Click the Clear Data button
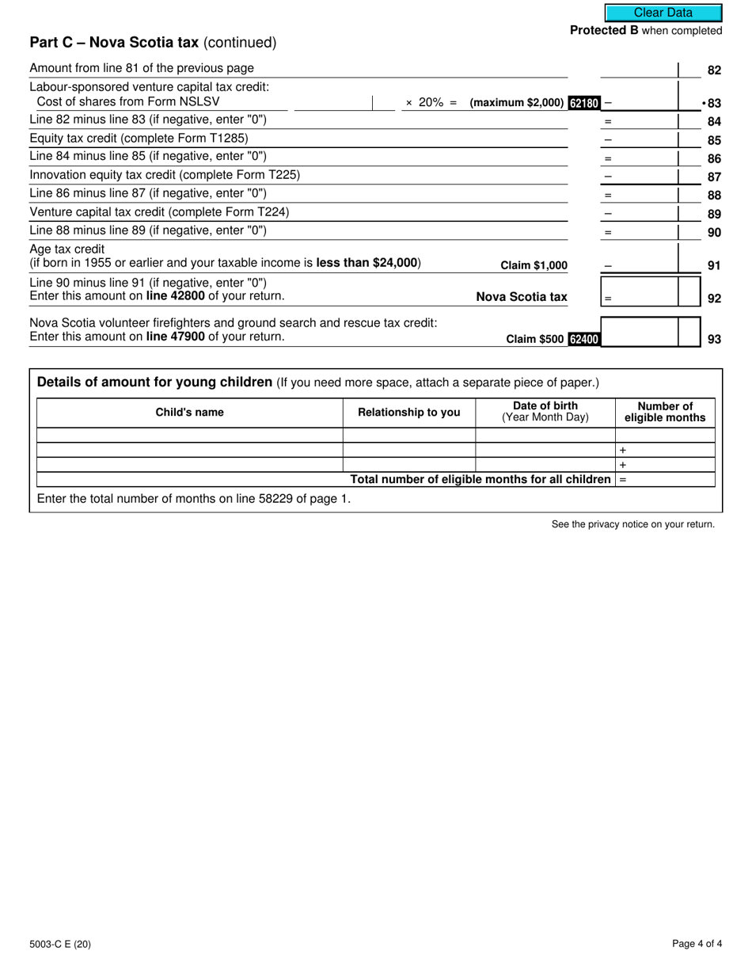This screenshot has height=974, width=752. coord(663,13)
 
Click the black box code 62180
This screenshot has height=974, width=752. coord(584,103)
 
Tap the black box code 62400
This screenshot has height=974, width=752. coord(584,339)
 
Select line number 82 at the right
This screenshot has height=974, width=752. coord(714,70)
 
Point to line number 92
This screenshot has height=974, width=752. coord(714,299)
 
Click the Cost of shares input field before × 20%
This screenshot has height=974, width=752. coord(333,102)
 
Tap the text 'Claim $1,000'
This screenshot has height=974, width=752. coord(534,266)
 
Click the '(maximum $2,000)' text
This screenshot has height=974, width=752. coord(517,103)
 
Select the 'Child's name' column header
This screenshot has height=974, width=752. coord(189,413)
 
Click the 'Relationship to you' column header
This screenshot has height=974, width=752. coord(408,413)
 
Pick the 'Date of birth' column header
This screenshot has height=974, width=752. coord(545,412)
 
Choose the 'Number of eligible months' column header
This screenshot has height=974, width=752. coord(665,412)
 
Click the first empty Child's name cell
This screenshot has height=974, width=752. coord(189,435)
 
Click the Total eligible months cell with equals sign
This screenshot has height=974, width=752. coord(665,480)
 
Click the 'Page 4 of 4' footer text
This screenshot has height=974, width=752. coord(697,943)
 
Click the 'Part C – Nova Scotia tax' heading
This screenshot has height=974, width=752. coord(114,43)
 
